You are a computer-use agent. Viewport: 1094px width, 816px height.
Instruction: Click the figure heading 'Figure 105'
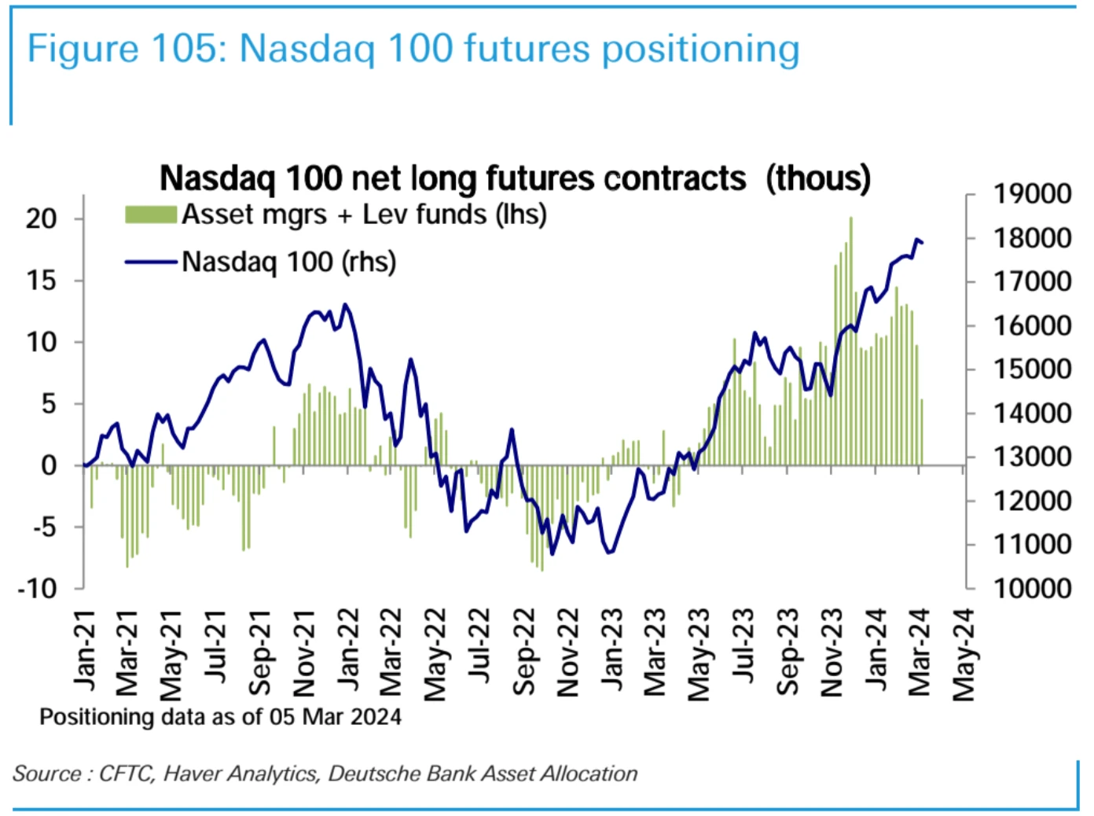click(x=126, y=49)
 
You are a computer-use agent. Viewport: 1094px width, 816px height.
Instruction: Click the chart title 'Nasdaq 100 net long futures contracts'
click(x=452, y=178)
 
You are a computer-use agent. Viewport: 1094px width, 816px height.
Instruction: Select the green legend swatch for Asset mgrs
click(x=150, y=215)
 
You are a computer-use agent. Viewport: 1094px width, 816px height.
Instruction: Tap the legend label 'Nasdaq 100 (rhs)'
click(x=288, y=262)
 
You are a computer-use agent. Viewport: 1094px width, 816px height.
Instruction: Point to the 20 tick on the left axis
click(x=42, y=219)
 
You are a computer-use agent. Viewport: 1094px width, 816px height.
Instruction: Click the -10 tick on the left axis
click(x=38, y=588)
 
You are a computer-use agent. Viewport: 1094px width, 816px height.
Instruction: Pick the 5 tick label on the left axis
click(x=49, y=404)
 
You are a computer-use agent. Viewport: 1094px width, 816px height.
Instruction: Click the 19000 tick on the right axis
click(x=1032, y=193)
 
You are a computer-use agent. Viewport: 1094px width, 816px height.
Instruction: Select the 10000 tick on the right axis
click(x=1032, y=588)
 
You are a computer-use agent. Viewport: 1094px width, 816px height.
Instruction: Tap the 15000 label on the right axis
click(x=1032, y=369)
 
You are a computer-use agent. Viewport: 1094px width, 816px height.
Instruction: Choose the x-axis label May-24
click(x=964, y=653)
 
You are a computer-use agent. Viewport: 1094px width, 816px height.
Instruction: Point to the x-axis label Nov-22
click(x=567, y=652)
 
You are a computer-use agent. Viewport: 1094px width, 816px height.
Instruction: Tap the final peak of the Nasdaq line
click(x=916, y=239)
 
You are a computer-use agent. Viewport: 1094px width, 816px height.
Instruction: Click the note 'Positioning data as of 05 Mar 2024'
click(x=220, y=717)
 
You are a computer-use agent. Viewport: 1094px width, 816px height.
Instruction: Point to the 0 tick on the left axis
click(x=49, y=465)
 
